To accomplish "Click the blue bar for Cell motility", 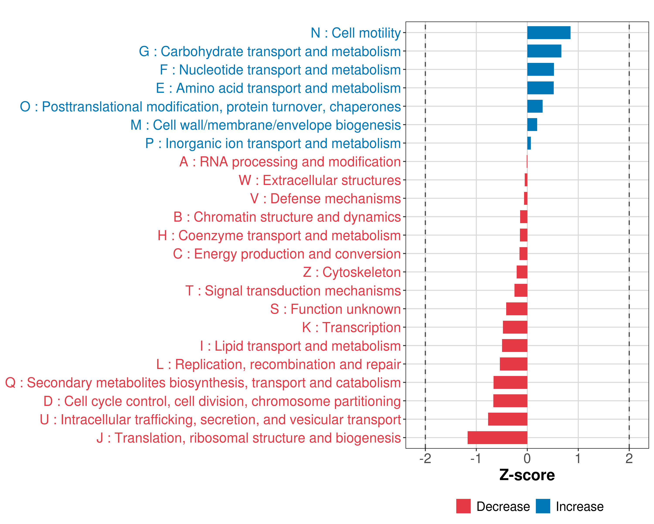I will click(x=548, y=33).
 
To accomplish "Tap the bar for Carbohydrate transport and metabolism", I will click(x=544, y=51).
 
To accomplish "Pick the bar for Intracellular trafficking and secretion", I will click(x=508, y=419).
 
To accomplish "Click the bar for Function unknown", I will click(x=517, y=309).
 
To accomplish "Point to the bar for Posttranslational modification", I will click(x=535, y=106).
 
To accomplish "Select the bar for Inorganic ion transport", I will click(x=529, y=143).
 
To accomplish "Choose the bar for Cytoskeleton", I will click(x=522, y=272).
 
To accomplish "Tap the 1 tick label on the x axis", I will click(x=578, y=458).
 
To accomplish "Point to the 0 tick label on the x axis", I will click(x=527, y=458).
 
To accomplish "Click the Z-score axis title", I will click(x=527, y=475).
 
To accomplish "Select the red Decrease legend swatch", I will click(x=463, y=506).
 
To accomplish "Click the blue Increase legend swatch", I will click(x=543, y=506).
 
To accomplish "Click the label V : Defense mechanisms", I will click(x=325, y=199).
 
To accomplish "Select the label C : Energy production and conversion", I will click(x=287, y=254).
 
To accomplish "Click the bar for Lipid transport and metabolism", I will click(x=514, y=345).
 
